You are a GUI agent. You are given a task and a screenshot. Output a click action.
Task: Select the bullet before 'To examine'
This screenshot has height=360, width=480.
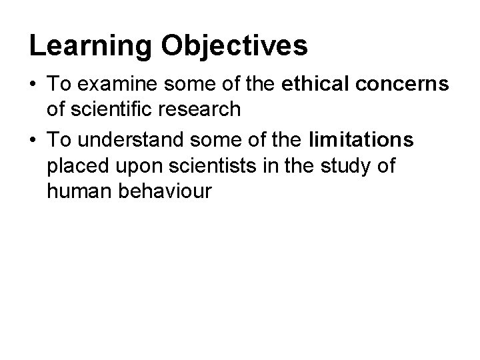pos(33,85)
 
